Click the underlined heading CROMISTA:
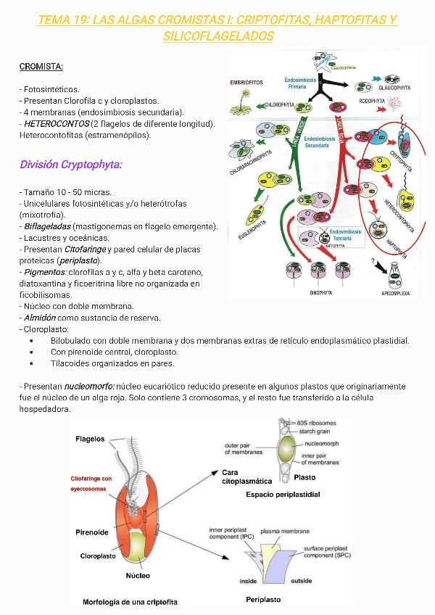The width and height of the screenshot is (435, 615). (41, 67)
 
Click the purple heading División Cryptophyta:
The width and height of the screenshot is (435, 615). (70, 165)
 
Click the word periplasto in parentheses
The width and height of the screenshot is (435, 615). (80, 260)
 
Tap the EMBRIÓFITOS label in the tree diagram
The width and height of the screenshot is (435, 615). (246, 83)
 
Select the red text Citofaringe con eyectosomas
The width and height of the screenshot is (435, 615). (91, 484)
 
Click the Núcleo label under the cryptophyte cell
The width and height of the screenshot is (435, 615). (138, 575)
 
